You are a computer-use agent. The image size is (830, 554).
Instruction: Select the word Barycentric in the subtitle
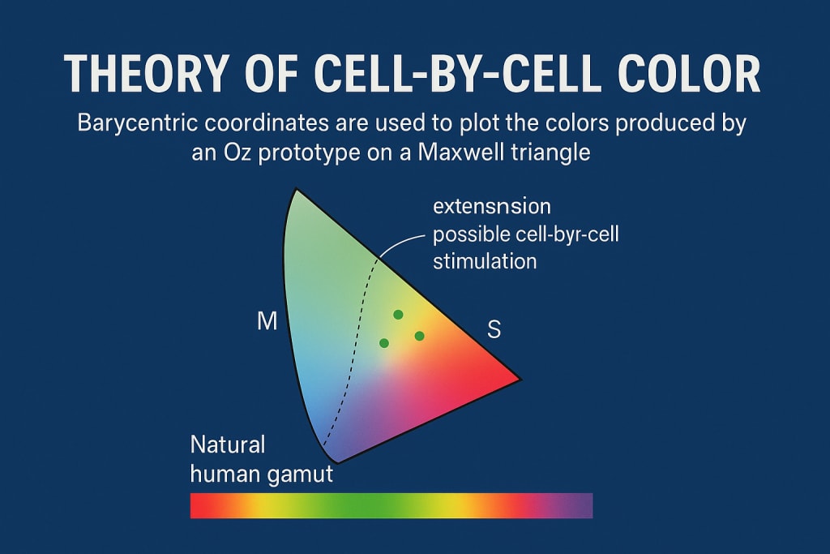coord(138,123)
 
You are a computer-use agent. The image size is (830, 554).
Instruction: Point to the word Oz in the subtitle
coord(237,152)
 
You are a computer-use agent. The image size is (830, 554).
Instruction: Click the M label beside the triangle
coord(267,321)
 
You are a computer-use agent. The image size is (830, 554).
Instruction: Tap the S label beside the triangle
coord(494,329)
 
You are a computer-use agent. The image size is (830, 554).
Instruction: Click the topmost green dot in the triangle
coord(398,315)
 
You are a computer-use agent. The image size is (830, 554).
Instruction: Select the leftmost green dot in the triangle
coord(384,343)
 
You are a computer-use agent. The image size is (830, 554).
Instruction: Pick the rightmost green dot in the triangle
coord(419,336)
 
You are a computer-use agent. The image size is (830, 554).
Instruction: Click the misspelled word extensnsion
coord(492,206)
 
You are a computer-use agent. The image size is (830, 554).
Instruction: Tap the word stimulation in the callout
coord(485,261)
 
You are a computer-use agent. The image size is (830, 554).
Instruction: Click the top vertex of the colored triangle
coord(296,189)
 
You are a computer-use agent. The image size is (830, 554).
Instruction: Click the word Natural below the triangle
coord(228,444)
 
